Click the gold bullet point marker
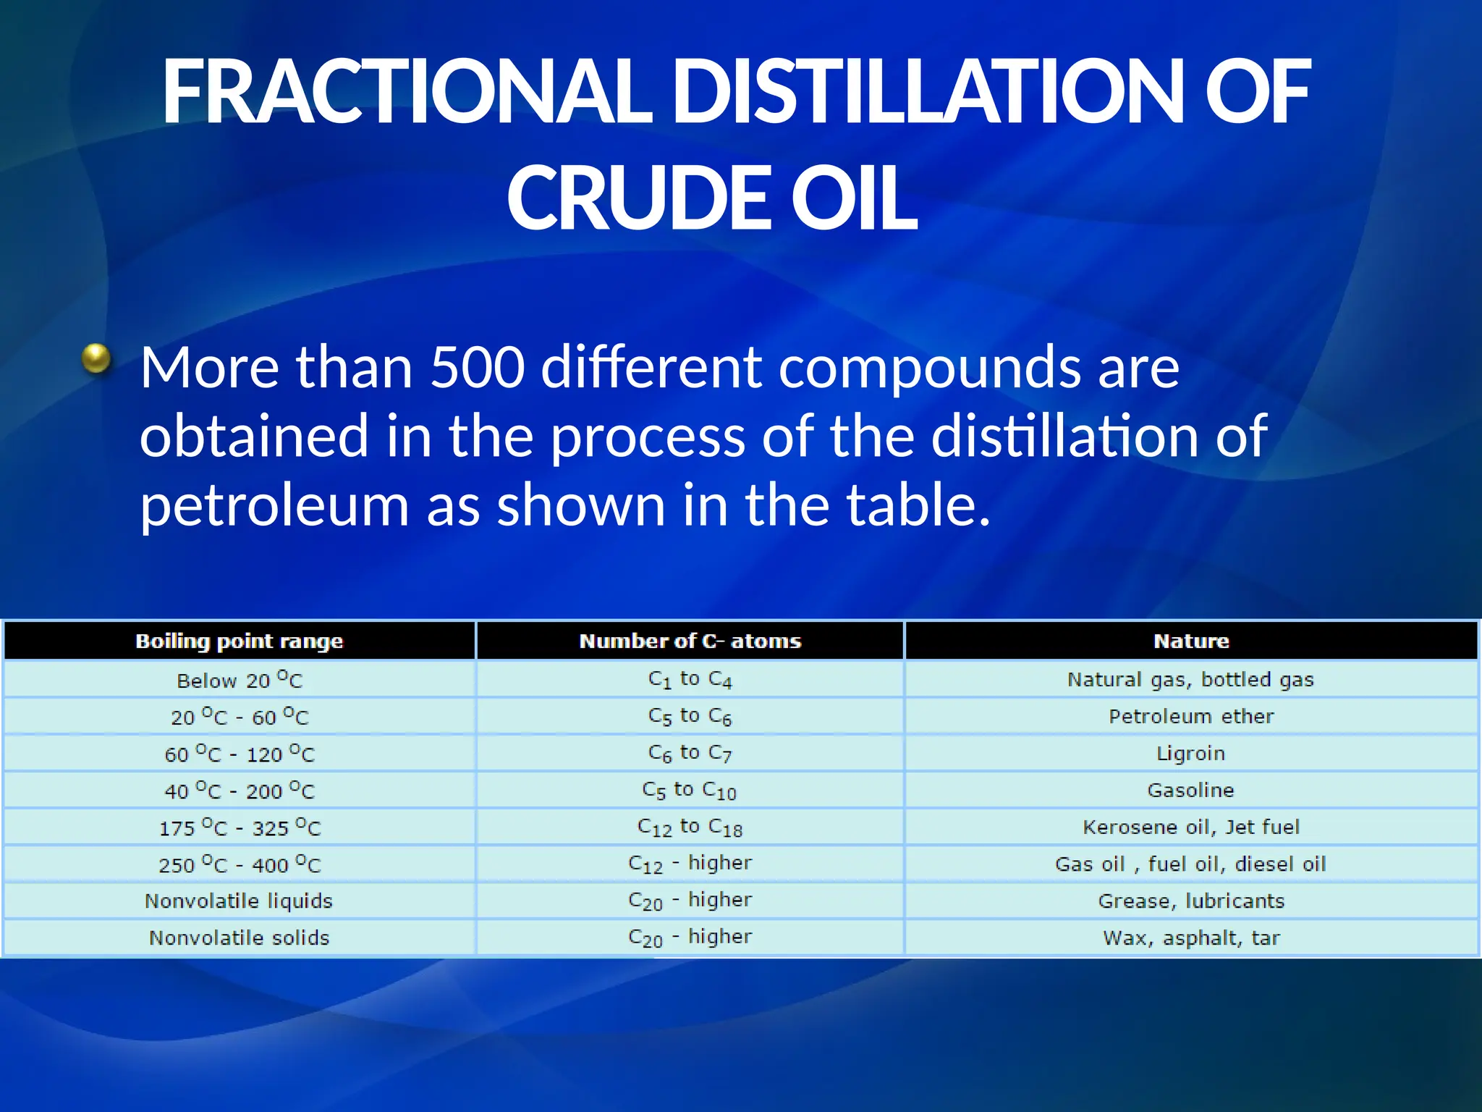(96, 358)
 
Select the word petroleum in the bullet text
(274, 505)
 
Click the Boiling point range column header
(240, 641)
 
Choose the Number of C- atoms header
(690, 641)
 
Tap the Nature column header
(1191, 641)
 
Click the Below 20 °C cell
(240, 680)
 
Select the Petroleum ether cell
(1191, 717)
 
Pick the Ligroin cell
(1191, 754)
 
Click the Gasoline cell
(1191, 791)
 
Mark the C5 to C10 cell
(690, 791)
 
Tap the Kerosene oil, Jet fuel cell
(1191, 827)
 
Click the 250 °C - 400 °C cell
(240, 864)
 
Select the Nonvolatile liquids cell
(240, 901)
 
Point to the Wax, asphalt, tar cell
(1191, 938)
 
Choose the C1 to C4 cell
(690, 680)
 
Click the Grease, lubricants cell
(1191, 901)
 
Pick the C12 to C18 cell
(690, 827)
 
